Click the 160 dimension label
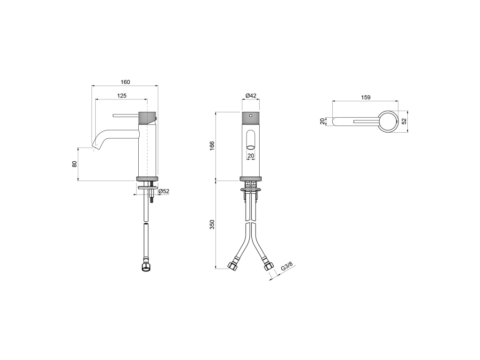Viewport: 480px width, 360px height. pyautogui.click(x=125, y=82)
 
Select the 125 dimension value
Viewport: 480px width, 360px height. pyautogui.click(x=121, y=96)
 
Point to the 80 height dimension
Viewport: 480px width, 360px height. pyautogui.click(x=74, y=164)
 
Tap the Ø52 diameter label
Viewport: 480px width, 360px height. pyautogui.click(x=164, y=191)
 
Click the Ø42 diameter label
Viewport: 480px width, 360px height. pyautogui.click(x=251, y=96)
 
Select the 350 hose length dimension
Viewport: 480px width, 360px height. pyautogui.click(x=212, y=225)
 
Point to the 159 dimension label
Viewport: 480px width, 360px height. pyautogui.click(x=366, y=97)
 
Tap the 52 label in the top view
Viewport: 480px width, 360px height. pyautogui.click(x=404, y=121)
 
